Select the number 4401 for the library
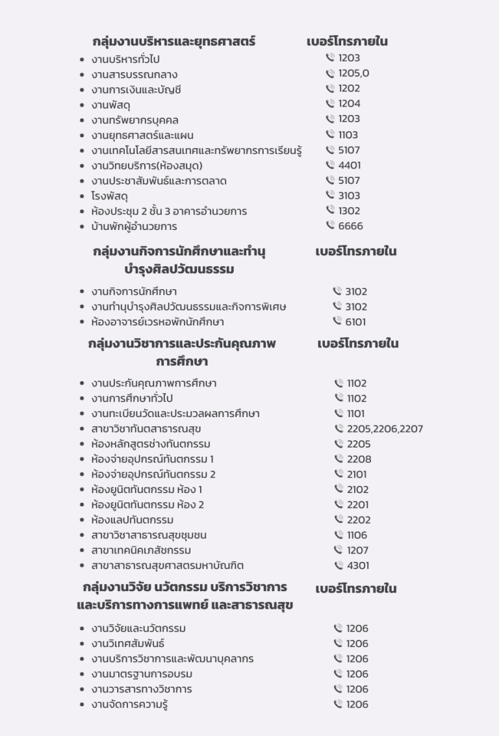tap(350, 165)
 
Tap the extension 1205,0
tap(353, 73)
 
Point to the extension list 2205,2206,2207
tap(385, 429)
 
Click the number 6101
tap(356, 322)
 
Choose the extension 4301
tap(358, 565)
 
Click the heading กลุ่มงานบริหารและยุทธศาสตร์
tap(174, 42)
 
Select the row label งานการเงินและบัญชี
tap(136, 90)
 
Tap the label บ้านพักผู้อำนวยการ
tap(134, 227)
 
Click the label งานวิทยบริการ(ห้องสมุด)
tap(147, 166)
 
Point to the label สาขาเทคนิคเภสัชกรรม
tap(141, 550)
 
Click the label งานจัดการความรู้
tap(130, 704)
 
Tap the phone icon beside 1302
tap(331, 210)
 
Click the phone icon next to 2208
tap(339, 459)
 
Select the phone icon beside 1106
tap(339, 535)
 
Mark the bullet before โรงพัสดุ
tap(81, 196)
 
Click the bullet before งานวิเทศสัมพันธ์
tap(81, 644)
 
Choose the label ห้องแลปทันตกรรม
tap(132, 520)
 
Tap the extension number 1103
tap(348, 135)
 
